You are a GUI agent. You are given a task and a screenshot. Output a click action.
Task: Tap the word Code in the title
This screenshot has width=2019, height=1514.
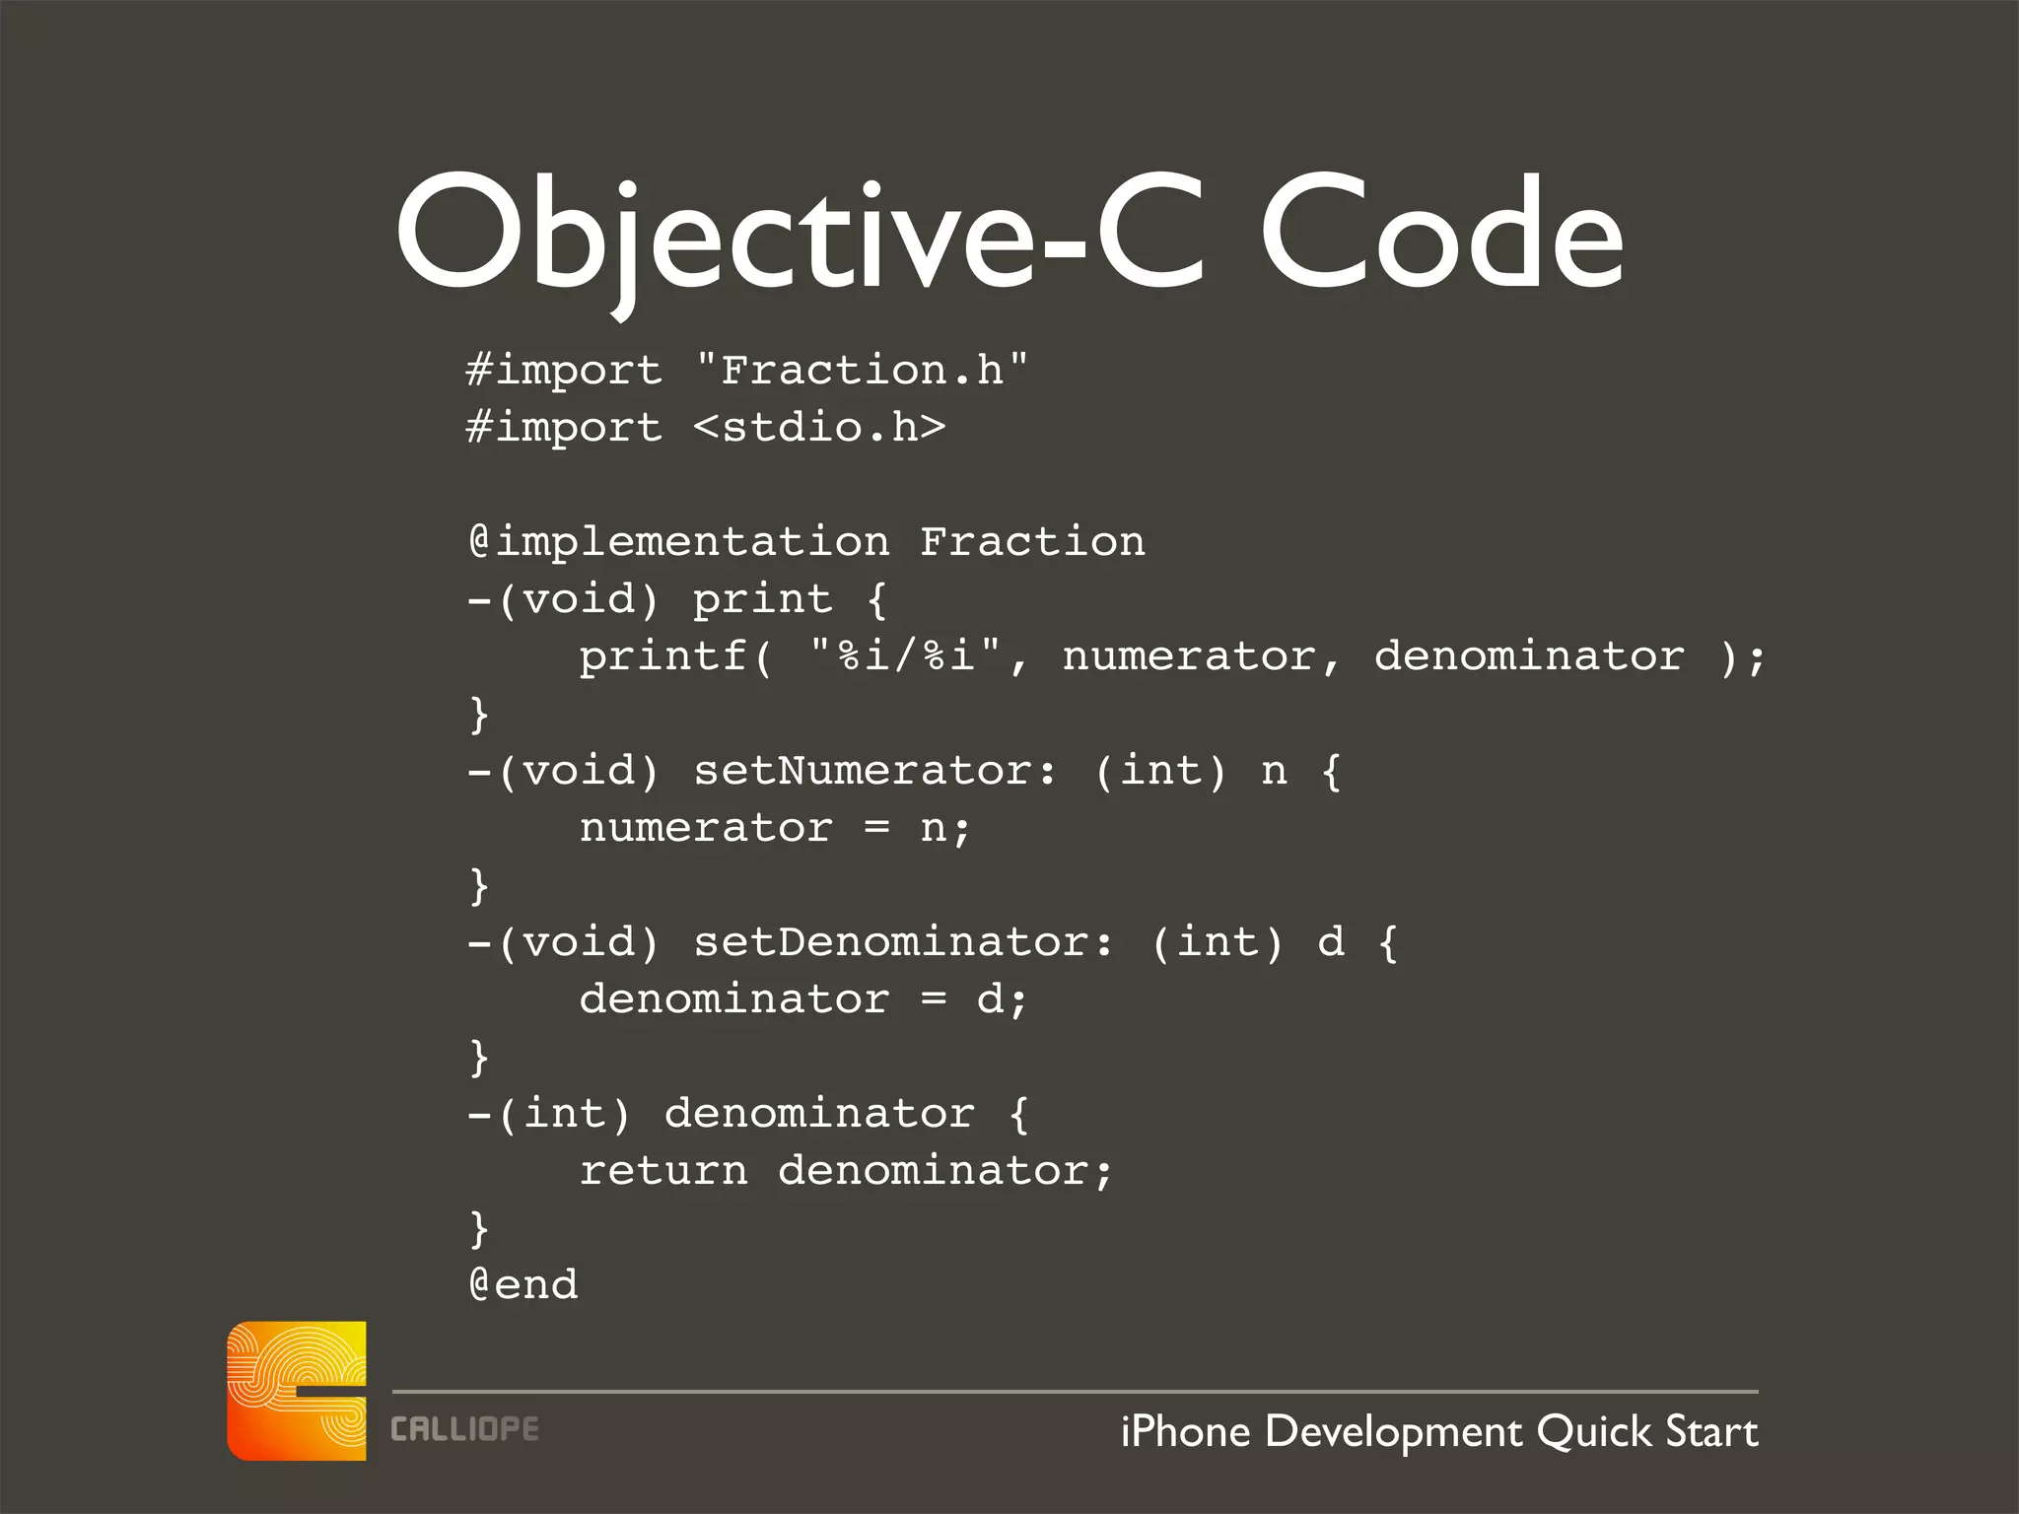click(1441, 237)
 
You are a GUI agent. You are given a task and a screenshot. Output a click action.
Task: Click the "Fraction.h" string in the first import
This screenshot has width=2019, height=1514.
click(862, 371)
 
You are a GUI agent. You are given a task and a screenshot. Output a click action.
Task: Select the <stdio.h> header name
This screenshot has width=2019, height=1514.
click(819, 428)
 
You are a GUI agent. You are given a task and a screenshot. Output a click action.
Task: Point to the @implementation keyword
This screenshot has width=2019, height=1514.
click(678, 542)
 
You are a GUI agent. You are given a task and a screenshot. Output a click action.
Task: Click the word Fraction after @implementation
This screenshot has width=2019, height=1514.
click(1032, 542)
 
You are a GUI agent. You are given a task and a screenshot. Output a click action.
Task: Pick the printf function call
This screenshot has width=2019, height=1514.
click(663, 656)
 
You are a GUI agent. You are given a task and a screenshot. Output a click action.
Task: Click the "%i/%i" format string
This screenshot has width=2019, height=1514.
click(905, 654)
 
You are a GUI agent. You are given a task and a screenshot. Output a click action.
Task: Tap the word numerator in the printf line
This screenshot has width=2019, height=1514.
click(1189, 656)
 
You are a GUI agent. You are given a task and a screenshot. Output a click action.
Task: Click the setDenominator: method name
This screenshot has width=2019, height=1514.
click(903, 942)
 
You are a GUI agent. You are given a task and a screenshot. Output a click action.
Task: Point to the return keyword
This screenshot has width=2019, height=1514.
click(663, 1171)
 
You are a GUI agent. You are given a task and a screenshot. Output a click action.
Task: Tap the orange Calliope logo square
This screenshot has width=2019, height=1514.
click(297, 1391)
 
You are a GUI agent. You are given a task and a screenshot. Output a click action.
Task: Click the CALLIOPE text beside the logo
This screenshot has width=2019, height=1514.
click(464, 1429)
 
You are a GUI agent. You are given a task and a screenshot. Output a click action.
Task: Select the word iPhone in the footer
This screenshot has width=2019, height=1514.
click(1185, 1431)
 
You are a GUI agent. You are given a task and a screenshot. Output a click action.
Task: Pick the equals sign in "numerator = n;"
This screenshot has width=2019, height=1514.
click(876, 828)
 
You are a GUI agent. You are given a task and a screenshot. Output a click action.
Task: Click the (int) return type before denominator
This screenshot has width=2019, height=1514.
click(564, 1114)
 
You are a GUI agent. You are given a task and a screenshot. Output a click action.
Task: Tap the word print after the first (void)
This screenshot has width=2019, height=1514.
click(762, 599)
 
